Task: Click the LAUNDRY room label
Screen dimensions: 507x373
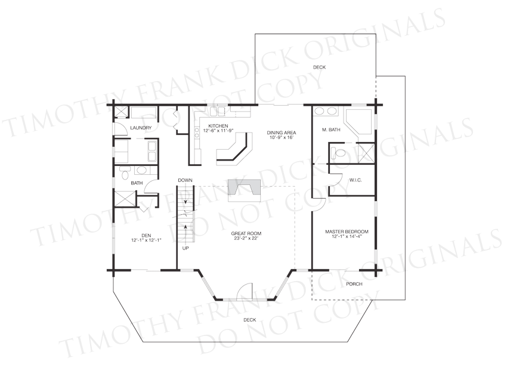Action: tap(141, 128)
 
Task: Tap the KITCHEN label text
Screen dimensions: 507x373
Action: tap(218, 126)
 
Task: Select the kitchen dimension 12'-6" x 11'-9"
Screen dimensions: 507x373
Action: tap(218, 131)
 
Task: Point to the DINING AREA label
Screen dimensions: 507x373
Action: tap(282, 132)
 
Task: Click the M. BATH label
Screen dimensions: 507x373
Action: tap(331, 130)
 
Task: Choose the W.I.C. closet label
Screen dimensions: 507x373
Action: tap(355, 180)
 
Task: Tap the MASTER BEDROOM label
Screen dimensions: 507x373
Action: tap(347, 232)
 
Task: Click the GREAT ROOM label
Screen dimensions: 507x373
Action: tap(246, 233)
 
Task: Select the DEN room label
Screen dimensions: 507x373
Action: tap(146, 236)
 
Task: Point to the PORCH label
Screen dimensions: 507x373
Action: tap(354, 284)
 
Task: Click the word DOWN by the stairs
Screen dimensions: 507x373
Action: tap(185, 180)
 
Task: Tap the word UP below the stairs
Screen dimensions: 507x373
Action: tap(186, 248)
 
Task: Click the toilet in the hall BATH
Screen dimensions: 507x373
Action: tap(124, 173)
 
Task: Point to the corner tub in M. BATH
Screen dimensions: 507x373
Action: tap(358, 122)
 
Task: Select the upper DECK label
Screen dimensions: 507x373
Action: tap(319, 67)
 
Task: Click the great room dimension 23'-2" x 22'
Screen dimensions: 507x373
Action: tap(246, 239)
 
